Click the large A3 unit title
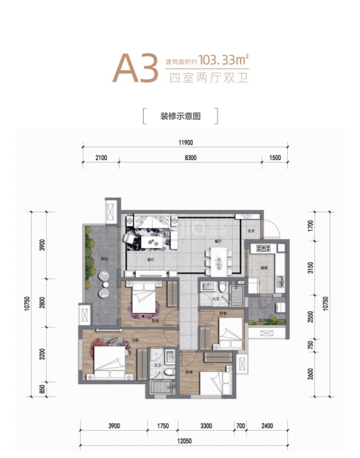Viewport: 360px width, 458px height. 135,68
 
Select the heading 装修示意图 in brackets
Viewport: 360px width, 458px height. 180,116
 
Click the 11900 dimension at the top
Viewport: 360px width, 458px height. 185,142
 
